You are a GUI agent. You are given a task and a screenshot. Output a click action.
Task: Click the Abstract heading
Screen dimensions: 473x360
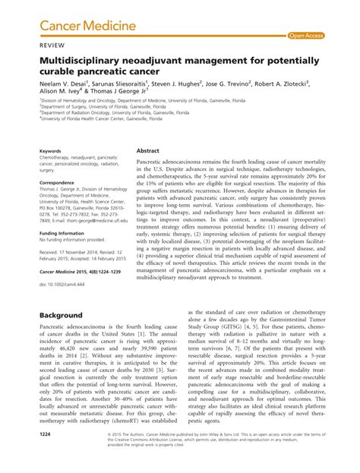click(x=147, y=150)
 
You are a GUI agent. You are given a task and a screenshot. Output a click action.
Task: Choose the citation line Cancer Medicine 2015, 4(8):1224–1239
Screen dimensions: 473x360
click(x=82, y=272)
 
